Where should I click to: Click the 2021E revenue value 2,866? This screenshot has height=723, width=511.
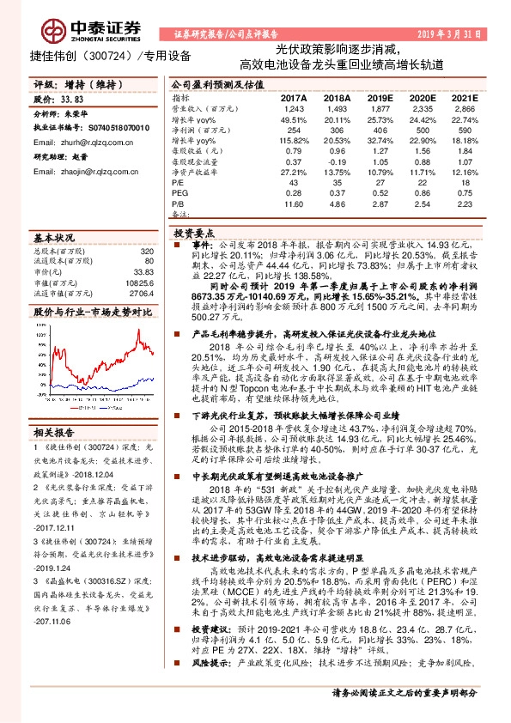[x=463, y=109]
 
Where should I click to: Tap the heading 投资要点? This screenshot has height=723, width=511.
[x=192, y=232]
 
